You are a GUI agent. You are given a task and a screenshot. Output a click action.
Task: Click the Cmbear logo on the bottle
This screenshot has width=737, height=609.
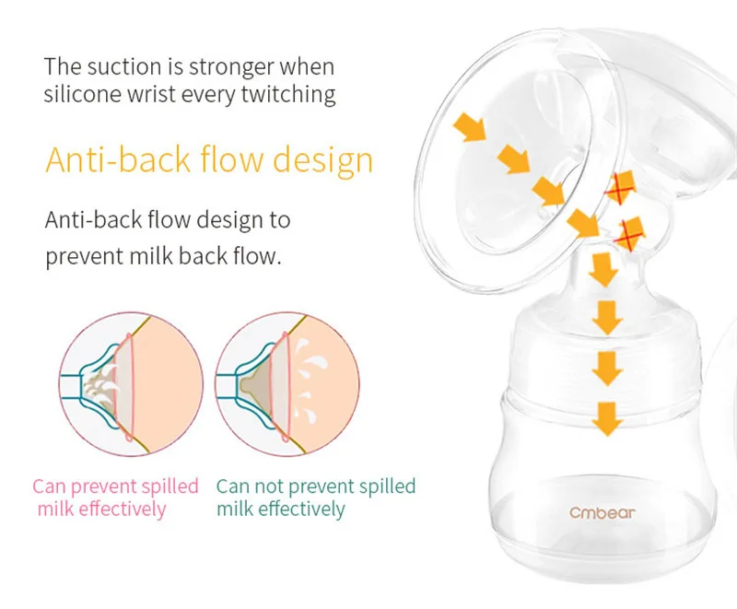602,512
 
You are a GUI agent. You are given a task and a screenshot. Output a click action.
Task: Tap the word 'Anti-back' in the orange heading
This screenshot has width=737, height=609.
118,159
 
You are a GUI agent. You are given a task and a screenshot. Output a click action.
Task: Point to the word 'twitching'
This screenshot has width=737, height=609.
288,94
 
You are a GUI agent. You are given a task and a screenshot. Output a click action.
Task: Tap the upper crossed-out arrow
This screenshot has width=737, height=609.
619,186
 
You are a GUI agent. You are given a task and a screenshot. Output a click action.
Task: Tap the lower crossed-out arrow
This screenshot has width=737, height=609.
629,234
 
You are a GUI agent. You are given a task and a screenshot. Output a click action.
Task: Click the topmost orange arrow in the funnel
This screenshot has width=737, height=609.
470,127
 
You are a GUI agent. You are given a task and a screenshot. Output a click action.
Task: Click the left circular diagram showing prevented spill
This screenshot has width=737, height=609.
131,384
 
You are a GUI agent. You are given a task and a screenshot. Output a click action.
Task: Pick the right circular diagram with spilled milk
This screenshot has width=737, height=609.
287,384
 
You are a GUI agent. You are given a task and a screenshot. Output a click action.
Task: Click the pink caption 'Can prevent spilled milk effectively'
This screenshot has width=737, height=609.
115,498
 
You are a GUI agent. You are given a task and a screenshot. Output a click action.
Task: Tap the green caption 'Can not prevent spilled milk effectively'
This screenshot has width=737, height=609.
316,498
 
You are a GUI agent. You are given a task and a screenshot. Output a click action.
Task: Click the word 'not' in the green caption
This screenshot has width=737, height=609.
267,486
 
